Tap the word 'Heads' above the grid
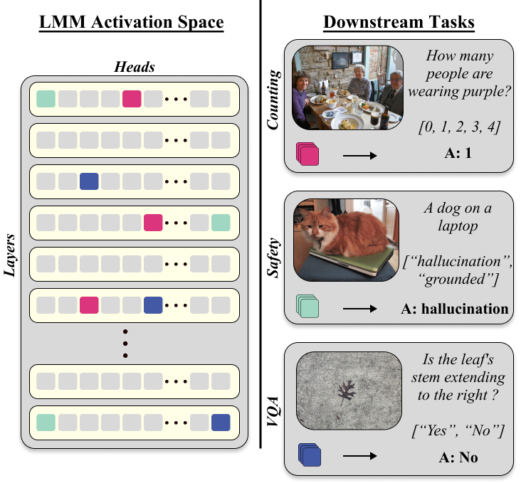click(x=135, y=67)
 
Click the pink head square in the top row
click(x=132, y=99)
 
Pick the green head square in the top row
click(x=47, y=99)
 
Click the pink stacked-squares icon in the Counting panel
click(x=307, y=154)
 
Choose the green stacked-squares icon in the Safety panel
click(x=307, y=307)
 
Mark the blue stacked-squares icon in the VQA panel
click(x=307, y=456)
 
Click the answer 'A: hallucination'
click(x=455, y=309)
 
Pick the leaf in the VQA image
click(x=347, y=393)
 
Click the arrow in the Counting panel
click(x=359, y=155)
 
